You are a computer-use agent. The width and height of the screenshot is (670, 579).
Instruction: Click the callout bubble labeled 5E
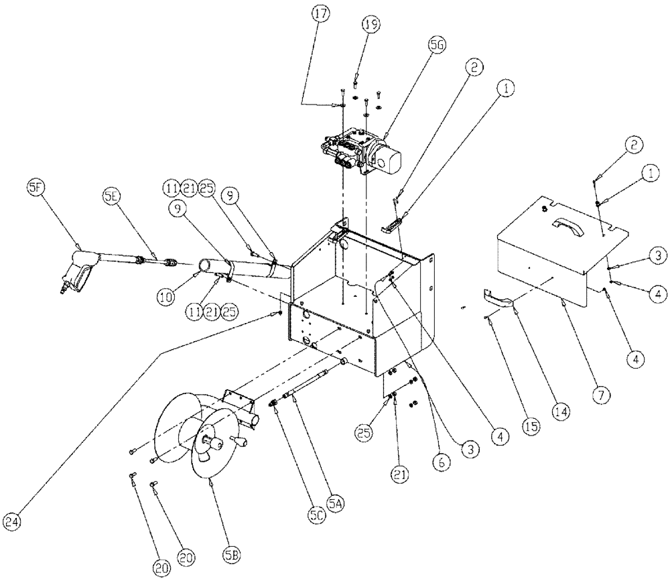111,196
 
